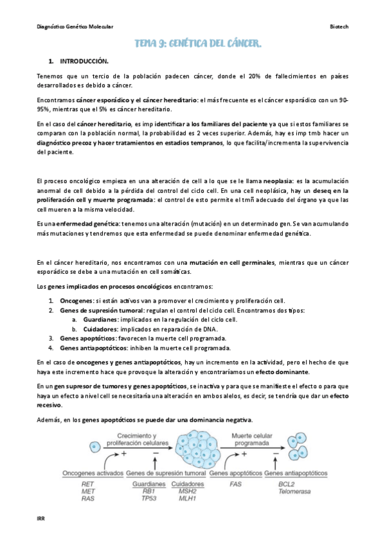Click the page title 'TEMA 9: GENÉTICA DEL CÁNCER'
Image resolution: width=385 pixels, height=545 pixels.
pyautogui.click(x=197, y=44)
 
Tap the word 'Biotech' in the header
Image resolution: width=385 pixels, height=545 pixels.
pyautogui.click(x=339, y=27)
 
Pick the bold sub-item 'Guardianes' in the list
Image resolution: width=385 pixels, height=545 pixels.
pyautogui.click(x=100, y=319)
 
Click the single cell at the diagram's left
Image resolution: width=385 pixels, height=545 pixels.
pyautogui.click(x=95, y=445)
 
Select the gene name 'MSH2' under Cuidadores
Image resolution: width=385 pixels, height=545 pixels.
pyautogui.click(x=188, y=490)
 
